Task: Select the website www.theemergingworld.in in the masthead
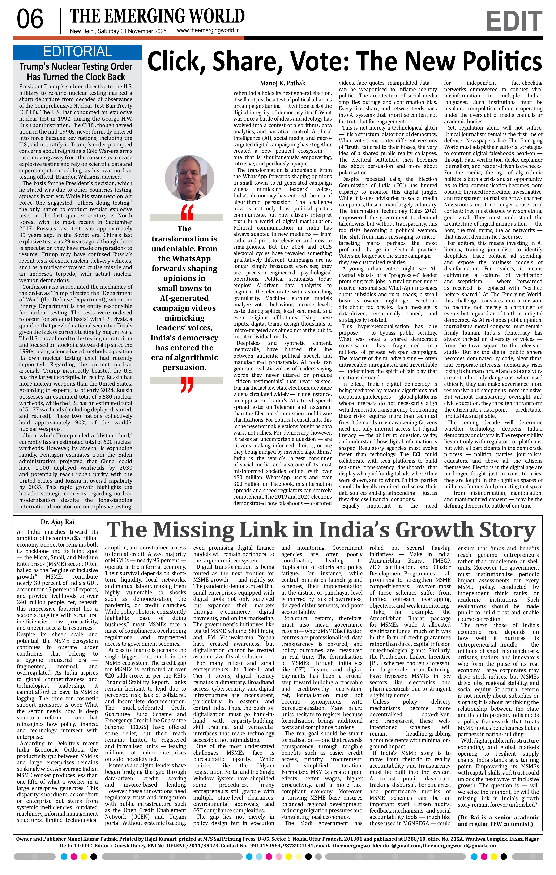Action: tap(208, 31)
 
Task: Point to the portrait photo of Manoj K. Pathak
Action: tap(184, 178)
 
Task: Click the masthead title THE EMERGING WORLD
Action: tap(157, 16)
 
